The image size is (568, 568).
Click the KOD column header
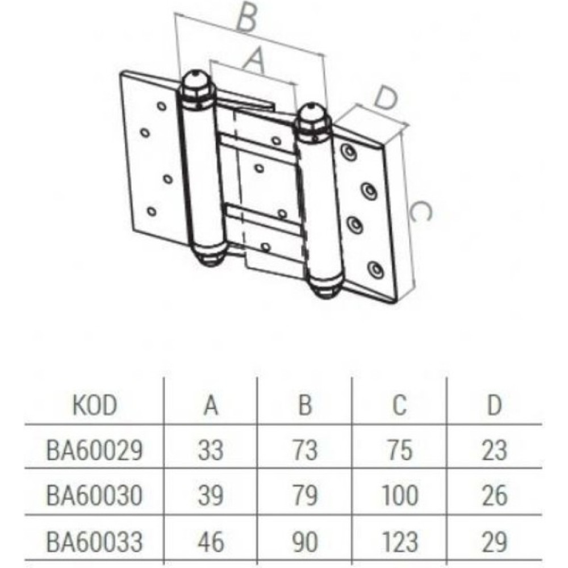tap(95, 405)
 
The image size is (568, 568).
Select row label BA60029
tap(94, 450)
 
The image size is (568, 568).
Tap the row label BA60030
tap(94, 495)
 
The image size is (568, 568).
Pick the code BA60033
tap(94, 542)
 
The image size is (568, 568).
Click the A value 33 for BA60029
tap(211, 450)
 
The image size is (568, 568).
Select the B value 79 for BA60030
tap(305, 495)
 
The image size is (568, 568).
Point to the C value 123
tap(400, 542)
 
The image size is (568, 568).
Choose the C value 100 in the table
tap(400, 495)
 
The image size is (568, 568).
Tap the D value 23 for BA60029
tap(495, 450)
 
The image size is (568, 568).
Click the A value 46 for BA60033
tap(211, 542)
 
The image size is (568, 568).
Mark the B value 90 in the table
tap(305, 542)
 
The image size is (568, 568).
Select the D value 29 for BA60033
tap(495, 542)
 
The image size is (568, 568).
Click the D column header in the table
tap(495, 405)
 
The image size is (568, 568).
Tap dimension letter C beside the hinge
tap(420, 211)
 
